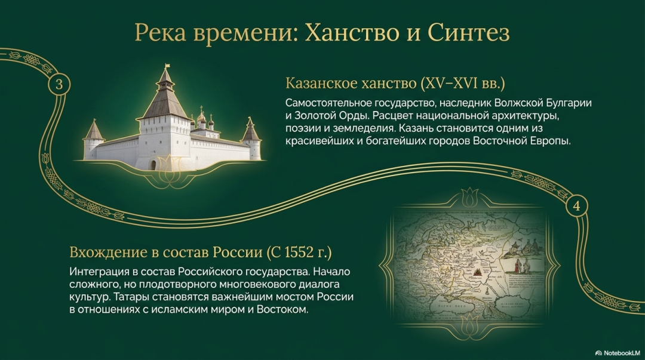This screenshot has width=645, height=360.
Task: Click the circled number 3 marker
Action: point(59,84)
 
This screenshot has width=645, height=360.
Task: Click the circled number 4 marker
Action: point(577,206)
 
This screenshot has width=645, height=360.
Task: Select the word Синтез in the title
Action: point(469,32)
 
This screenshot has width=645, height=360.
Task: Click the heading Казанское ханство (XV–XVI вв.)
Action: point(395,83)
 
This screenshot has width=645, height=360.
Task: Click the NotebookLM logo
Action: point(618,353)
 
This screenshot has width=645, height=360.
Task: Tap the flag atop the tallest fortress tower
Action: point(167,66)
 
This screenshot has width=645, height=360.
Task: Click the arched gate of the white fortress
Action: point(153,165)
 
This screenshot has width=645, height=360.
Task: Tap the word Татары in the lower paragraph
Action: point(130,297)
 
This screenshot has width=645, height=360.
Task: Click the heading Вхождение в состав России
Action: point(166,252)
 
